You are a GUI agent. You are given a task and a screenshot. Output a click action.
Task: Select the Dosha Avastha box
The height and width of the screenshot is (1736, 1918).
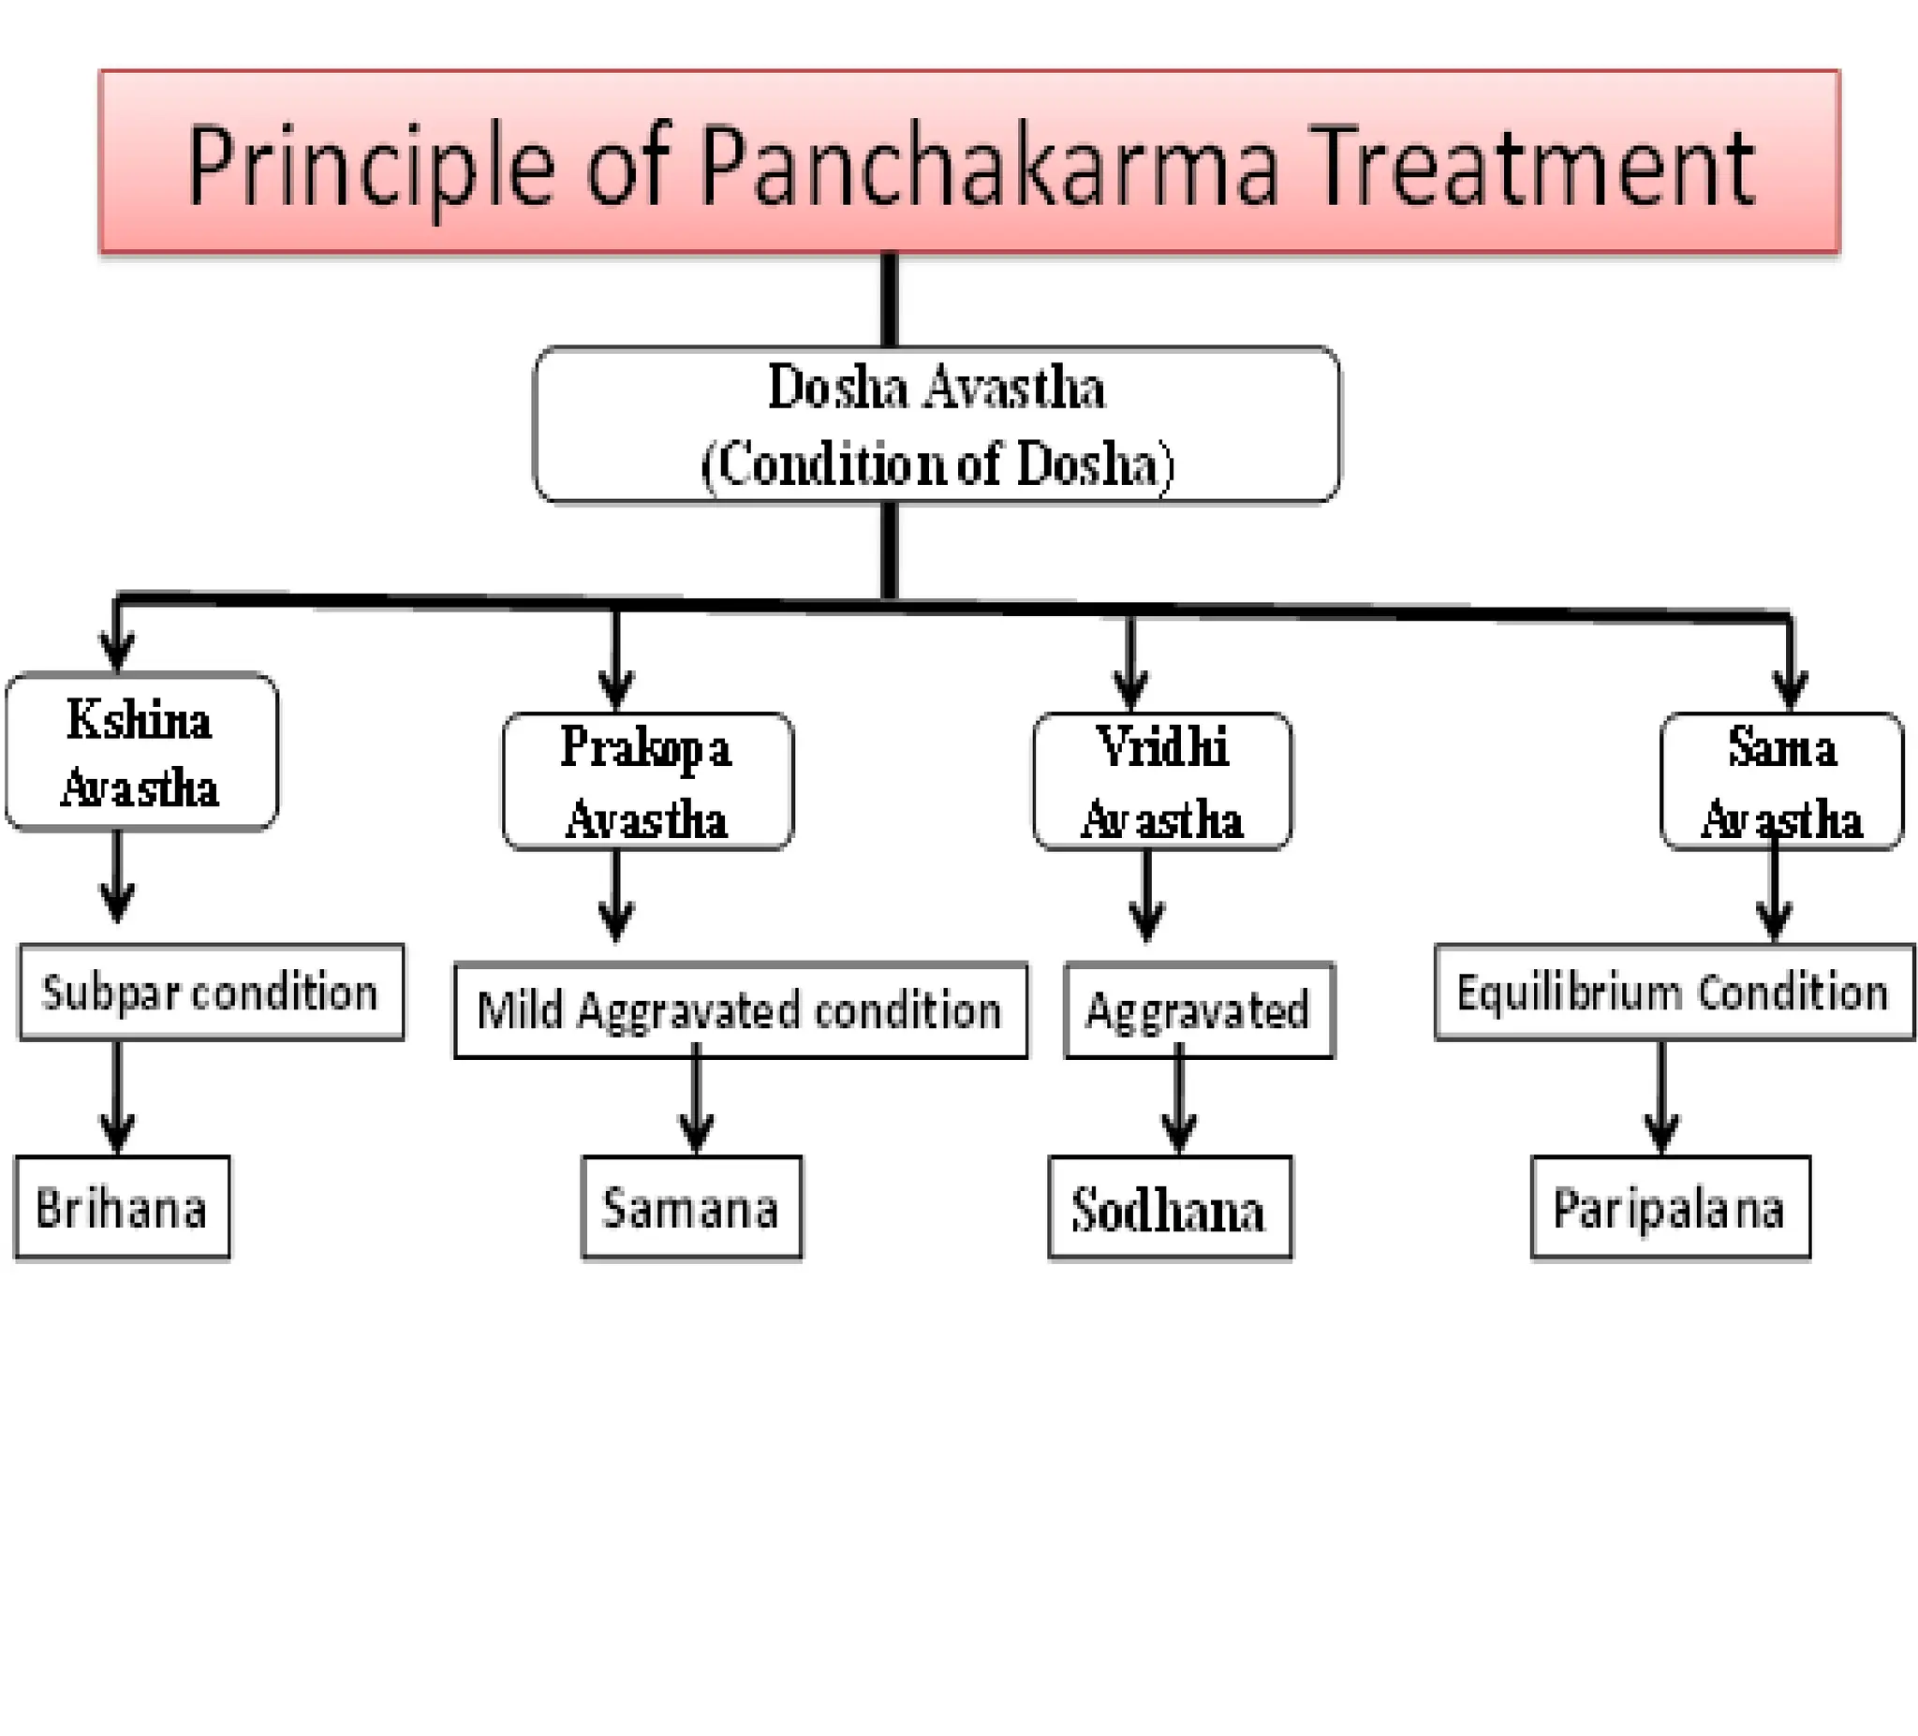pos(937,424)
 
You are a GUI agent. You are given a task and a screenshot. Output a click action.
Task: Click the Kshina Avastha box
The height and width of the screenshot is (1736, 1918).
pos(140,753)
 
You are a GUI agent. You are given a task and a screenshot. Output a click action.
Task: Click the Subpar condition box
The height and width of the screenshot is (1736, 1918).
pos(211,993)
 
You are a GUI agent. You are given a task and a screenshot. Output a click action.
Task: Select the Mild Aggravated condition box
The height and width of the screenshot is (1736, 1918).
pos(740,1010)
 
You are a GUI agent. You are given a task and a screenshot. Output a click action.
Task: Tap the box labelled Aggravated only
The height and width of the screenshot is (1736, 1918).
pos(1199,1010)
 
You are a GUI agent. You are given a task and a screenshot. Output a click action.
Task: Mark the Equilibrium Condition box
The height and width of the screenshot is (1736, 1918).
pos(1674,993)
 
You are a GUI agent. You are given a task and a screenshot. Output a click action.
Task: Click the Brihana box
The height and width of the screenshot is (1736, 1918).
pos(122,1208)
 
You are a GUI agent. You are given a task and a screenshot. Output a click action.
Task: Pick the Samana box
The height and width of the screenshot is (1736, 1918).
pos(692,1208)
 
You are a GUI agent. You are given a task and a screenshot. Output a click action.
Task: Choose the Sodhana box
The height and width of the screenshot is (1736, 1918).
pos(1170,1209)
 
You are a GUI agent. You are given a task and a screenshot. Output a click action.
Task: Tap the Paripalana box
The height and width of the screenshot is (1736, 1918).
pos(1670,1208)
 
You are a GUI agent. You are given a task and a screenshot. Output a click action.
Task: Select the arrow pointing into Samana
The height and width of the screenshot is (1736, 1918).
pos(697,1103)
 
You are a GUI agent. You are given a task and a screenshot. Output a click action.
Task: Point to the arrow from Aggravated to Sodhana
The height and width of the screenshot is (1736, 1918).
pos(1179,1103)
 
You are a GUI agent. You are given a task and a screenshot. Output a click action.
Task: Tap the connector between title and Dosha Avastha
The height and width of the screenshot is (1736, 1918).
pos(890,300)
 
